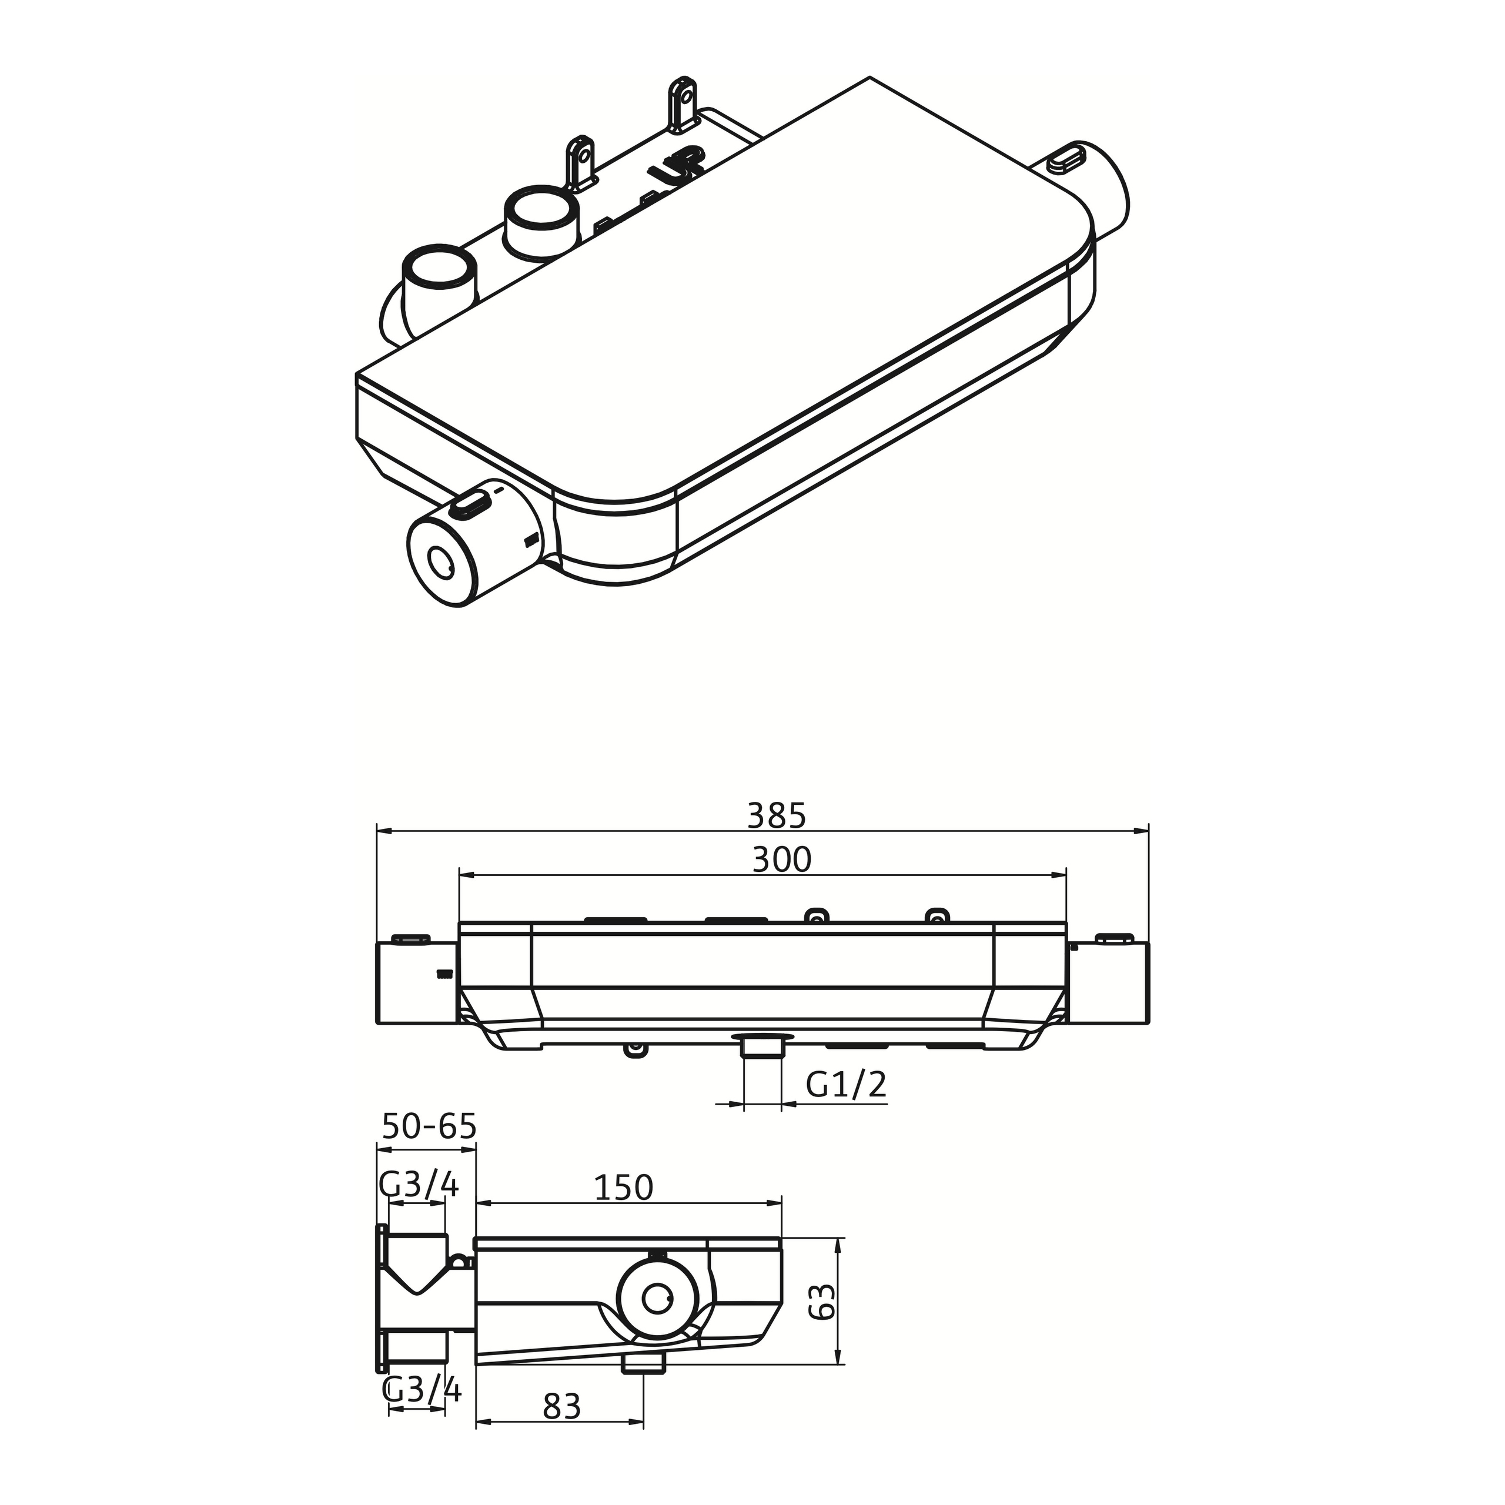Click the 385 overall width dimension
(776, 815)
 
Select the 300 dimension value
(781, 860)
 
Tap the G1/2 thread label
(845, 1084)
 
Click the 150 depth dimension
(623, 1188)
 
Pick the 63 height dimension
(822, 1302)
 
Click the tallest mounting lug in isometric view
(681, 105)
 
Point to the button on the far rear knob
(1066, 155)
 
